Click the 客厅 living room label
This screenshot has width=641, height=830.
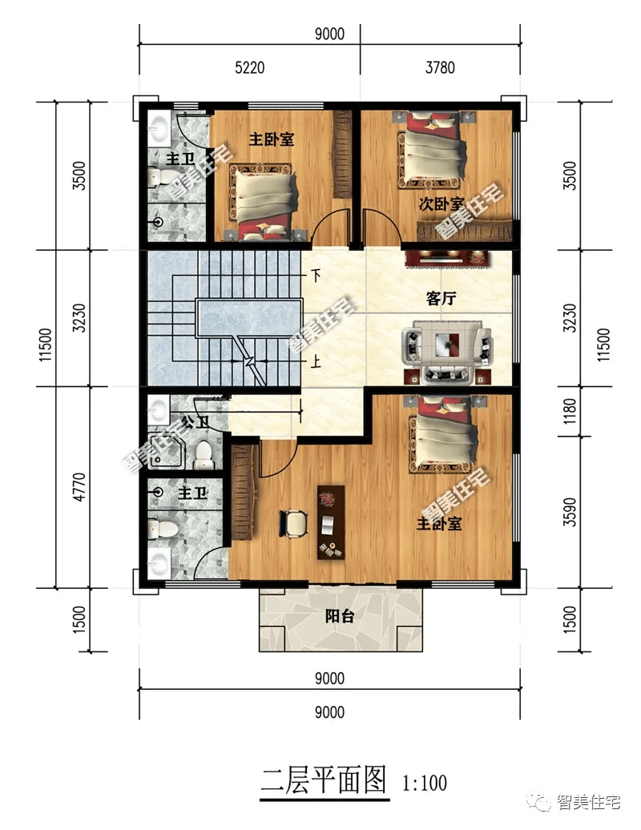[x=441, y=299]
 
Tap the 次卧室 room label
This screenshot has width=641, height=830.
[x=441, y=204]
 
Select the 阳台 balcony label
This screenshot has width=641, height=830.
[x=339, y=616]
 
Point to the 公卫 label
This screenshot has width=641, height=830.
[x=194, y=422]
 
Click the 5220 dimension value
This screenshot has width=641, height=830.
[x=249, y=68]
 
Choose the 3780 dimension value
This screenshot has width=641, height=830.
[x=440, y=68]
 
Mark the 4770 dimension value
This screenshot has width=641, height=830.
[x=79, y=487]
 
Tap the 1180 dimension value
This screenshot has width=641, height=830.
[x=570, y=411]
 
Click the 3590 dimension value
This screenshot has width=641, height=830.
[x=570, y=512]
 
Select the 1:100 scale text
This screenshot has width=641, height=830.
[x=425, y=783]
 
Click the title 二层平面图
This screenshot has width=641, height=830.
[x=324, y=780]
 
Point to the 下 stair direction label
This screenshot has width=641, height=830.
[x=316, y=276]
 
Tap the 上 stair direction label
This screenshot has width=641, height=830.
[x=316, y=362]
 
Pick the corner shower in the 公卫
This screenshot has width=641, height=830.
[x=166, y=451]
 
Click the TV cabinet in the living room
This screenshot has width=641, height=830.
[x=447, y=258]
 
